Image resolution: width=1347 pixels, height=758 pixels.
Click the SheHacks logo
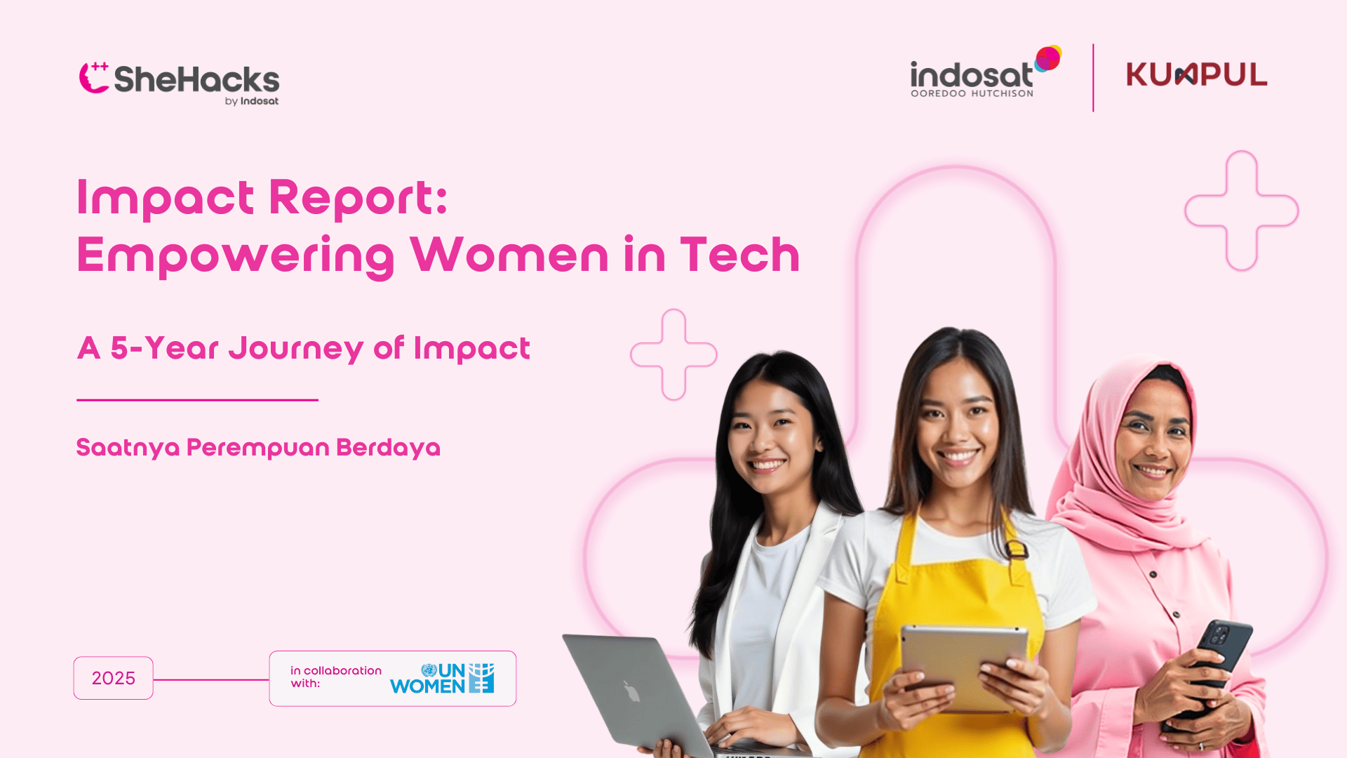tap(179, 84)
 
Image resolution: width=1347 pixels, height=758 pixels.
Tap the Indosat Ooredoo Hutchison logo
tap(986, 72)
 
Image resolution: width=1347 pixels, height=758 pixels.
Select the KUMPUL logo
tap(1197, 74)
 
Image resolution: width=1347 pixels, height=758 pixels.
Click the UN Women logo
tap(442, 678)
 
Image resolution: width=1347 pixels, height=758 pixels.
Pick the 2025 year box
tap(113, 678)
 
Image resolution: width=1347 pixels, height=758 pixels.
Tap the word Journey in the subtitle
tap(295, 349)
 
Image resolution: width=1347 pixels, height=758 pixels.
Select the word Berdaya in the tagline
tap(388, 448)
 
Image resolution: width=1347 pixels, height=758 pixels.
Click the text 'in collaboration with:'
tap(336, 677)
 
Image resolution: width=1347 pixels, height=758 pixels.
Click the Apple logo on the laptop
tap(631, 691)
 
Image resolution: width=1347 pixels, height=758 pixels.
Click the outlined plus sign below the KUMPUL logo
tap(1242, 211)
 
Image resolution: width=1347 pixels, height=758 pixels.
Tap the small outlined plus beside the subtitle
tap(673, 354)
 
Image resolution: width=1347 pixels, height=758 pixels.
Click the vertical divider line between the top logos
tap(1093, 78)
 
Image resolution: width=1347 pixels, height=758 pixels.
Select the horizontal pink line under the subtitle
tap(197, 400)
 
